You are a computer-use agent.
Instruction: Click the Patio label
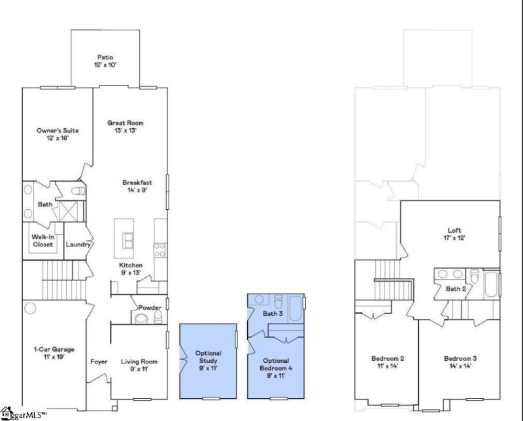click(x=105, y=58)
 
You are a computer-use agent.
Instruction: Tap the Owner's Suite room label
click(x=58, y=131)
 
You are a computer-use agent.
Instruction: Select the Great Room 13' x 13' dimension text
click(x=126, y=131)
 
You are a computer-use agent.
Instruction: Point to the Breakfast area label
click(x=137, y=182)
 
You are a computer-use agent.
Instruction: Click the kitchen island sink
click(x=128, y=241)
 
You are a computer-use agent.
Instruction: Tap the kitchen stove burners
click(x=160, y=250)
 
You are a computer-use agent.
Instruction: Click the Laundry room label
click(x=78, y=244)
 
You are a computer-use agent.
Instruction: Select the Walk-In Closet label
click(x=42, y=241)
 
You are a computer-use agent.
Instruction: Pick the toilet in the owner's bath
click(x=78, y=191)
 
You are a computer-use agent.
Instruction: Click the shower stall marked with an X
click(x=68, y=211)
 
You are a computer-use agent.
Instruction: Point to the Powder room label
click(x=150, y=307)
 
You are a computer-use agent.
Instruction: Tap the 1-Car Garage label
click(x=54, y=349)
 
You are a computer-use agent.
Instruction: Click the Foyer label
click(x=99, y=362)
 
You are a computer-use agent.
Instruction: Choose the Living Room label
click(x=139, y=362)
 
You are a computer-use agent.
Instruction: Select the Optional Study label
click(x=208, y=357)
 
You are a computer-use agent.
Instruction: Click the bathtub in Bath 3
click(x=295, y=309)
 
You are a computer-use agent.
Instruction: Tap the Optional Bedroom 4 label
click(x=276, y=364)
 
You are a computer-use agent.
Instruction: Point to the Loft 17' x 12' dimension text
click(x=454, y=238)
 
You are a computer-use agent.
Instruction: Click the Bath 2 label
click(x=456, y=289)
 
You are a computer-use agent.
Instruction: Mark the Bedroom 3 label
click(x=460, y=359)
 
